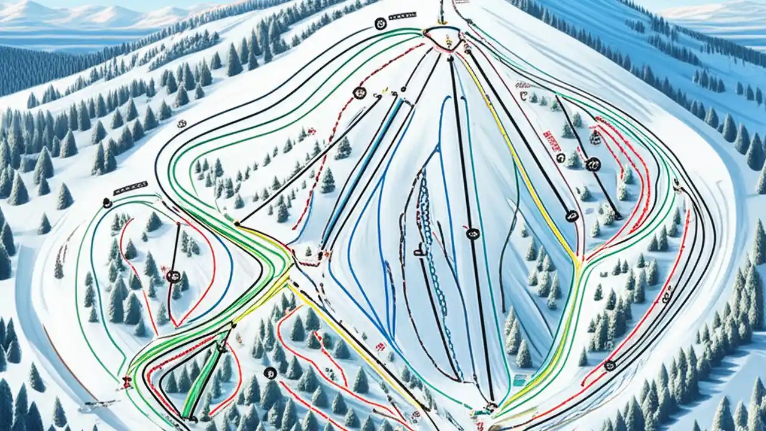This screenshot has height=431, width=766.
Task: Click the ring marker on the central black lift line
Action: (472, 233)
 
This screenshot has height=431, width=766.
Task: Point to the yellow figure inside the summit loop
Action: (448, 42)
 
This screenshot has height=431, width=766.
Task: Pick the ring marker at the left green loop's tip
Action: (107, 203)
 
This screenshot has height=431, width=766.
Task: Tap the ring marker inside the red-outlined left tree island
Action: (174, 276)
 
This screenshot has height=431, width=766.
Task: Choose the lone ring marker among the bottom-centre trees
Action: (270, 372)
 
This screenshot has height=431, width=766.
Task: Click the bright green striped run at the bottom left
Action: (201, 383)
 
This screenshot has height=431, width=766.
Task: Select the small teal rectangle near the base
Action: (519, 379)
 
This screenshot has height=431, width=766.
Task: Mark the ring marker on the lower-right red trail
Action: (610, 365)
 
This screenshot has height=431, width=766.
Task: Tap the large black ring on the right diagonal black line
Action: (593, 163)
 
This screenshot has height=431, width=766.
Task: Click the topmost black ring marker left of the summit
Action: (380, 23)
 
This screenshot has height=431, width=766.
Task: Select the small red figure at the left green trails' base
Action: (127, 381)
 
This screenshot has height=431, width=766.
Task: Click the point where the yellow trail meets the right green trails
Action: (577, 264)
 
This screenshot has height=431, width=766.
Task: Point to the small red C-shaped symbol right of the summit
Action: (524, 95)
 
